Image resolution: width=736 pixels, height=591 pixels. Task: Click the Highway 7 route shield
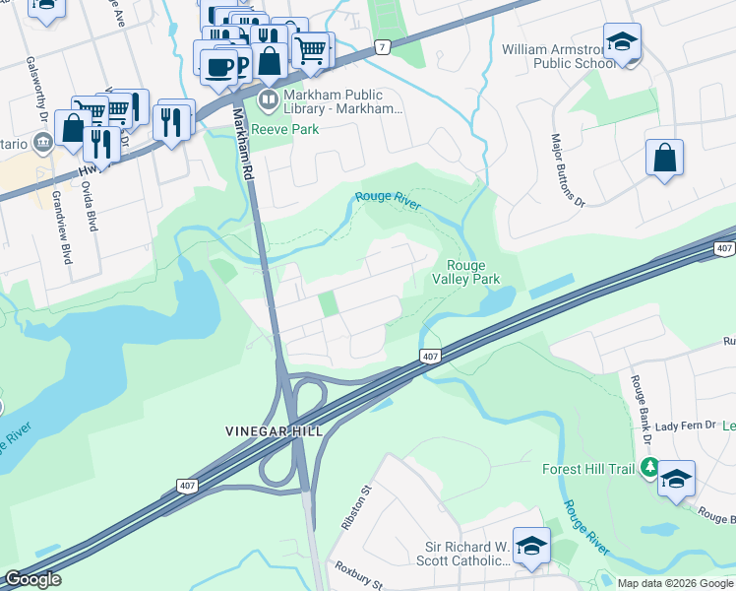382,46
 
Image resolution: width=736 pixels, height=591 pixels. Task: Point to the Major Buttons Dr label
568,170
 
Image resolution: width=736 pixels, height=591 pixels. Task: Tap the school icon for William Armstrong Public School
622,42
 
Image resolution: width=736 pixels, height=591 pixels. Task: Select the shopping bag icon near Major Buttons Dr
665,158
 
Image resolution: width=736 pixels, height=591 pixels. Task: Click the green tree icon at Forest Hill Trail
648,468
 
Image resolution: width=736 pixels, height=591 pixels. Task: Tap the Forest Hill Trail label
588,469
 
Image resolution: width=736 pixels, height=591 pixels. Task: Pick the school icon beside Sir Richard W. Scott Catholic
531,547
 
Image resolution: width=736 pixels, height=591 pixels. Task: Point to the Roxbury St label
357,575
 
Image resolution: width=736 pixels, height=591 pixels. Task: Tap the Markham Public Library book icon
269,99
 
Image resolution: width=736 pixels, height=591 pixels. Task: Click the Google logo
33,579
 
